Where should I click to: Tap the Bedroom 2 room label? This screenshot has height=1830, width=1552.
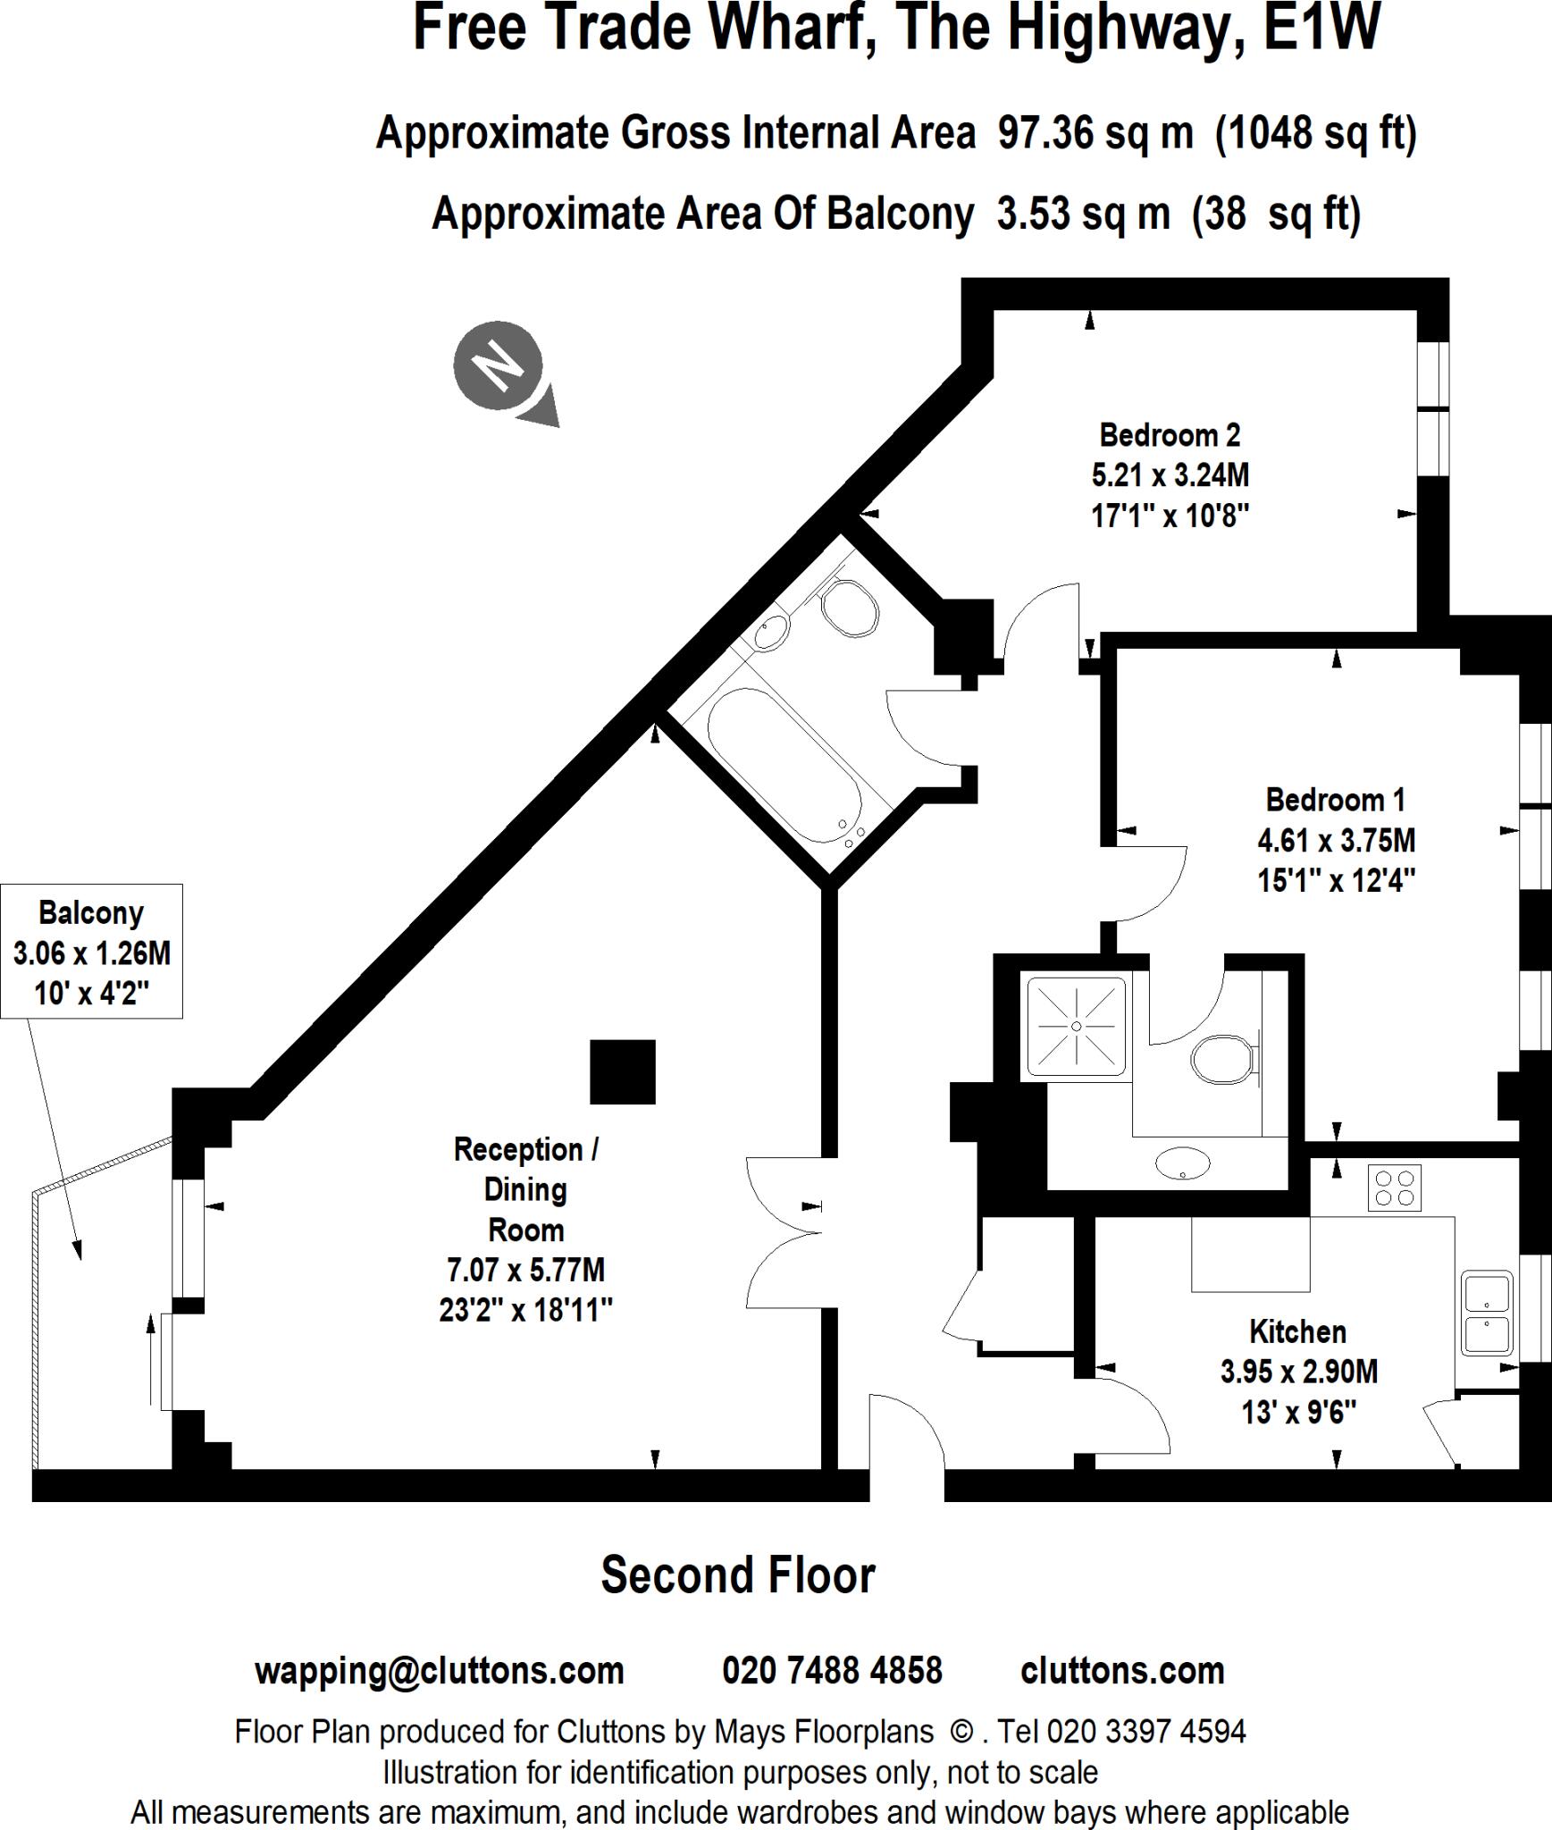pos(1170,435)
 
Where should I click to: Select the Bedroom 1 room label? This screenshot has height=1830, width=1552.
pos(1335,799)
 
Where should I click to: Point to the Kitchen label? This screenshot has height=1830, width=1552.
pos(1297,1332)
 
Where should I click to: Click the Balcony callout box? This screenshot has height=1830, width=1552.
pos(91,952)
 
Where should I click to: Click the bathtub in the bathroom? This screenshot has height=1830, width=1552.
pos(784,766)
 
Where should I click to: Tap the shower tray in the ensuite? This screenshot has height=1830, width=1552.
pos(1076,1027)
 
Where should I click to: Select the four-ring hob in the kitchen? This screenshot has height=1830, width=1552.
pos(1394,1188)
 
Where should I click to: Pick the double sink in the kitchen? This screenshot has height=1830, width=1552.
pos(1487,1313)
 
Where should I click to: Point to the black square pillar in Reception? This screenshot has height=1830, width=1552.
pos(623,1071)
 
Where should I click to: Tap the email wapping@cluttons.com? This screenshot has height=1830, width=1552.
pos(439,1670)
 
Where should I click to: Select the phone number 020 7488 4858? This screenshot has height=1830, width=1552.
pos(832,1670)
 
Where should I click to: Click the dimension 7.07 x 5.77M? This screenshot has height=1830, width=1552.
pos(525,1270)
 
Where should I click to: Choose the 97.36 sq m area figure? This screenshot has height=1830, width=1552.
pos(1095,133)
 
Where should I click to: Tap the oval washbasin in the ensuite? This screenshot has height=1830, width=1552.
pos(1182,1164)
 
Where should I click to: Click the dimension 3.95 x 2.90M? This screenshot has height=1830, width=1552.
pos(1298,1372)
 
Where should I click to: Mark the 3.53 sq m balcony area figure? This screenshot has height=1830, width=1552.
pos(1083,214)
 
